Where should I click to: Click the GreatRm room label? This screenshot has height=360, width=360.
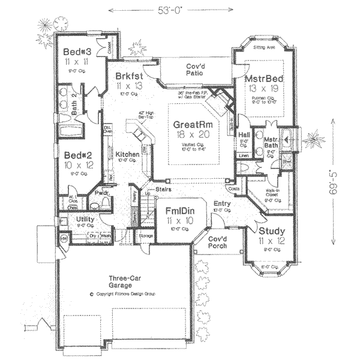click(190, 124)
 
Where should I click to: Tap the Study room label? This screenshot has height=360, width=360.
click(272, 230)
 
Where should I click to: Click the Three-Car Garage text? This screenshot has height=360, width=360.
click(125, 283)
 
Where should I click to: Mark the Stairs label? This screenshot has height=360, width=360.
click(164, 189)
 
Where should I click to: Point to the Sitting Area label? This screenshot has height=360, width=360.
click(264, 46)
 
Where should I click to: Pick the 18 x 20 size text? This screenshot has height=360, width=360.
click(190, 136)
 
